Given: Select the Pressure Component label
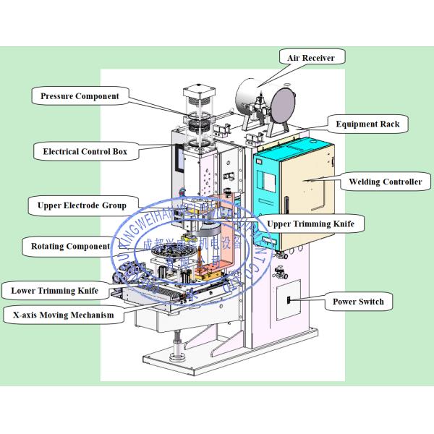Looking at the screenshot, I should pyautogui.click(x=80, y=95).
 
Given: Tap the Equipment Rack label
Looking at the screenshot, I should pyautogui.click(x=367, y=124).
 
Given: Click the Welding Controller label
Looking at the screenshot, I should pyautogui.click(x=386, y=182).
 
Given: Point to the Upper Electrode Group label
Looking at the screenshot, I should pyautogui.click(x=82, y=205).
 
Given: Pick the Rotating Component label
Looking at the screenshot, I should pyautogui.click(x=70, y=247).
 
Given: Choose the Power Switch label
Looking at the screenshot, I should pyautogui.click(x=358, y=302).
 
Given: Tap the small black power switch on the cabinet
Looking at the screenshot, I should pyautogui.click(x=287, y=299).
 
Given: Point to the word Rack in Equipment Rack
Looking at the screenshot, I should pyautogui.click(x=388, y=124).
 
